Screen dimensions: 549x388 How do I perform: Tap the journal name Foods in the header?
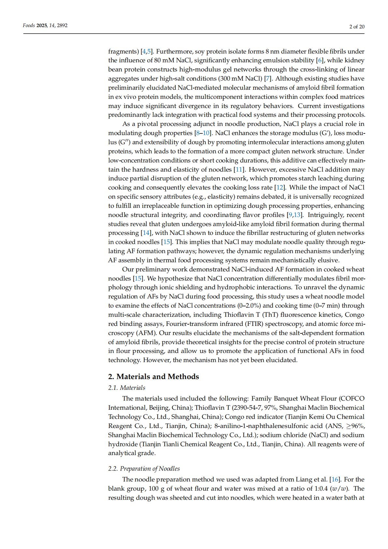tap(29, 25)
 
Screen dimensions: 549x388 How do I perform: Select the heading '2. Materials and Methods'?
tap(153, 376)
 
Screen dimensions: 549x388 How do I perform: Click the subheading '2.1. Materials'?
tap(127, 388)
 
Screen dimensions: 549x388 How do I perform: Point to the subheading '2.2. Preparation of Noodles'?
tap(144, 468)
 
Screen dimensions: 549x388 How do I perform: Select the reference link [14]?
tap(146, 233)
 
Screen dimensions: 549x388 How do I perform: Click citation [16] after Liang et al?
tap(335, 480)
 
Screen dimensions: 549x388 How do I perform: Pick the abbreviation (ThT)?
tap(269, 315)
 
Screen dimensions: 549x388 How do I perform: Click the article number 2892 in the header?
tap(62, 25)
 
